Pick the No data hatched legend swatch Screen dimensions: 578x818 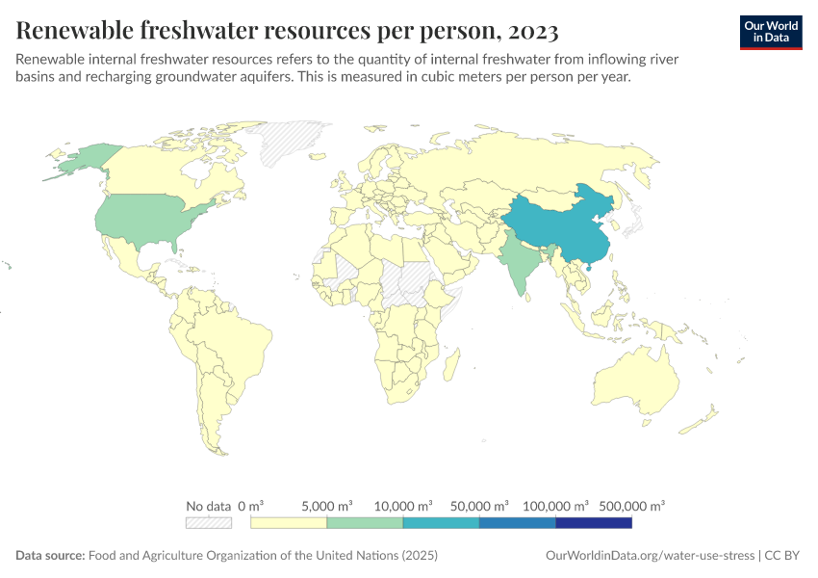point(209,523)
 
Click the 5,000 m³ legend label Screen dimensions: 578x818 point(327,506)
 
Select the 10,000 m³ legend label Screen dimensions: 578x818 point(403,506)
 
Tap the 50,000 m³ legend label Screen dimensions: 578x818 point(479,506)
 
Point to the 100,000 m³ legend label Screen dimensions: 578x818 point(555,506)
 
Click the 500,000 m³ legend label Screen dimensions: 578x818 point(631,506)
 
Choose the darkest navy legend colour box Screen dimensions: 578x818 point(594,523)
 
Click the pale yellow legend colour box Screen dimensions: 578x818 point(289,523)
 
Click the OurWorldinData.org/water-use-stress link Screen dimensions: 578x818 point(650,556)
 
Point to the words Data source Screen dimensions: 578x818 point(50,556)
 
